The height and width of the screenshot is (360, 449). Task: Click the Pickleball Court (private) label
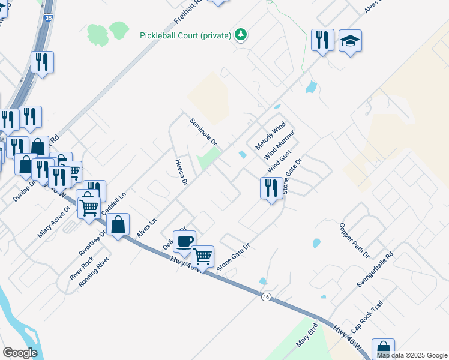click(x=185, y=35)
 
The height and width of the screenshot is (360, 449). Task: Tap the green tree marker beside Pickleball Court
click(x=241, y=35)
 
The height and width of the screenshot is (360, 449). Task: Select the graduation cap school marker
click(x=350, y=41)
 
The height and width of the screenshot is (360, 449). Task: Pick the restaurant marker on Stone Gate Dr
click(x=271, y=188)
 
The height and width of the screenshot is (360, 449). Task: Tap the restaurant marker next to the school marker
click(x=322, y=40)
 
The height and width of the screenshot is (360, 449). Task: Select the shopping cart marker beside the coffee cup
click(x=203, y=256)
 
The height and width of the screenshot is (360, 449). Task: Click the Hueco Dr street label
click(x=182, y=172)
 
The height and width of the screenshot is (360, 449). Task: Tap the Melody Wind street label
click(x=270, y=137)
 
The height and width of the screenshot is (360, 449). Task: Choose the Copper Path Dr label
click(x=354, y=240)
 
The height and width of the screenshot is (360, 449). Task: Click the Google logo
click(x=20, y=352)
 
